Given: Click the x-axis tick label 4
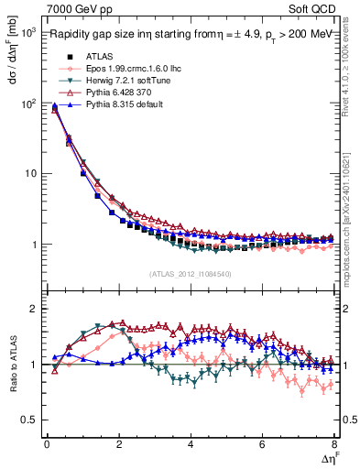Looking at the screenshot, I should click(x=190, y=445).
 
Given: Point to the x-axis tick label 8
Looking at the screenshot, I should click(x=333, y=445).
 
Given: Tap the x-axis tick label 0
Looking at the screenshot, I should click(x=46, y=445).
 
